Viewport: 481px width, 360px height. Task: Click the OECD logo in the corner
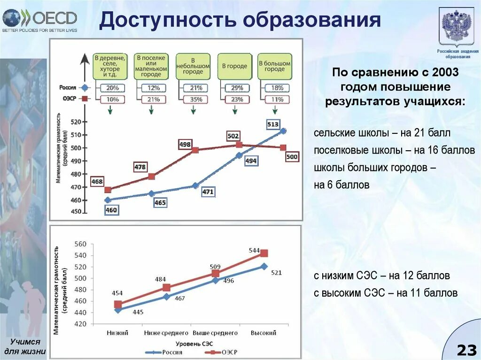coord(40,19)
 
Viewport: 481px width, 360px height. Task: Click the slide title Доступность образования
coord(240,20)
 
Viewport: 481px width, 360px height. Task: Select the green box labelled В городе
coord(234,66)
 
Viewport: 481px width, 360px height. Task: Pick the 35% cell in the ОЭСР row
coord(196,100)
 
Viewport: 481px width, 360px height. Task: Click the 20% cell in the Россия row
coord(112,88)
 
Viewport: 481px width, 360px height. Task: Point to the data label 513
coord(272,124)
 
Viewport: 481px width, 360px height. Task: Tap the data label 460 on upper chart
coord(111,210)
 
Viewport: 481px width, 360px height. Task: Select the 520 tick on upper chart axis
coord(76,122)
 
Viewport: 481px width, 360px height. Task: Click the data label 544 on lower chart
coord(254,251)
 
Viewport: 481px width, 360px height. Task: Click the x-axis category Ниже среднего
coord(166,333)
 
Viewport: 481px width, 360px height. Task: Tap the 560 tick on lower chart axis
coord(80,244)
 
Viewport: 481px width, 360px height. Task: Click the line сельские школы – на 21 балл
coord(382,133)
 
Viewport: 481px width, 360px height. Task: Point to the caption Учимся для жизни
coord(25,347)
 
